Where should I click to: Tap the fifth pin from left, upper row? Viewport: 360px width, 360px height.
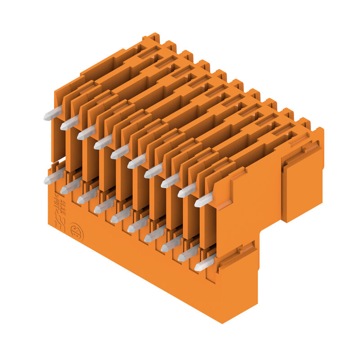120,151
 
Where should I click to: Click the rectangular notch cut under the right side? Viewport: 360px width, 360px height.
270,243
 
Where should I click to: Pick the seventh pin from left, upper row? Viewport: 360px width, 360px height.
153,171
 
